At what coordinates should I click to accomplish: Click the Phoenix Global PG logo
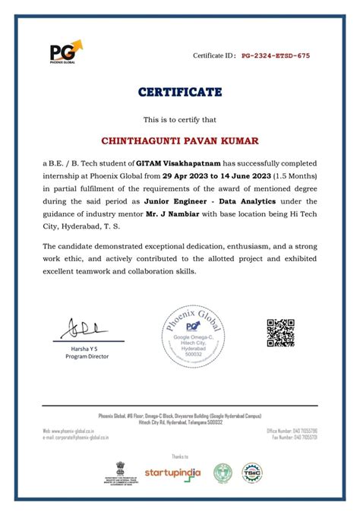[x=65, y=54]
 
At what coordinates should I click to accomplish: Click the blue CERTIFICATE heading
[x=180, y=93]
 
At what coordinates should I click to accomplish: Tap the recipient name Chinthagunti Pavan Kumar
[x=180, y=141]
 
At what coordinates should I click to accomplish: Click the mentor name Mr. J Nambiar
[x=172, y=213]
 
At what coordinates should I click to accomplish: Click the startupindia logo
[x=172, y=472]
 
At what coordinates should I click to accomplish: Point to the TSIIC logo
[x=251, y=472]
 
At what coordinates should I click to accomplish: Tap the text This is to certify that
[x=180, y=119]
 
